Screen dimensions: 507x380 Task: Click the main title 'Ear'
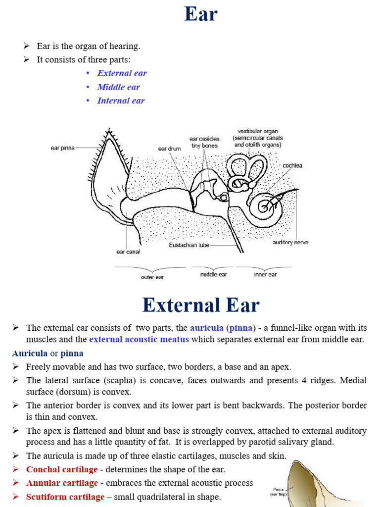tap(201, 14)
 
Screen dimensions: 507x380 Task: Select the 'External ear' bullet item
tap(122, 73)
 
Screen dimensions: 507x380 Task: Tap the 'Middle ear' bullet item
tap(118, 87)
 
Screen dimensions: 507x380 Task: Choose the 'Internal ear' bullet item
tap(121, 101)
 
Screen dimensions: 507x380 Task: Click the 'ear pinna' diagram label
tap(62, 148)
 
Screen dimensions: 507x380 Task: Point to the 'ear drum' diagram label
tap(170, 148)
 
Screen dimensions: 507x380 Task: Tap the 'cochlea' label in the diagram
tap(292, 165)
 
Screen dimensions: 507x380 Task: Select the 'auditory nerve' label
tap(290, 243)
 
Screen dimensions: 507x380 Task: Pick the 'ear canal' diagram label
tap(128, 252)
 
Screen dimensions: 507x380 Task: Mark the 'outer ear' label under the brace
tap(152, 277)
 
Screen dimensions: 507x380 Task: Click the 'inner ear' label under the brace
tap(266, 274)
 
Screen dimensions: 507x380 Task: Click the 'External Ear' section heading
tap(200, 305)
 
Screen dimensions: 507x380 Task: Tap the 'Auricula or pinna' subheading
tap(48, 353)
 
